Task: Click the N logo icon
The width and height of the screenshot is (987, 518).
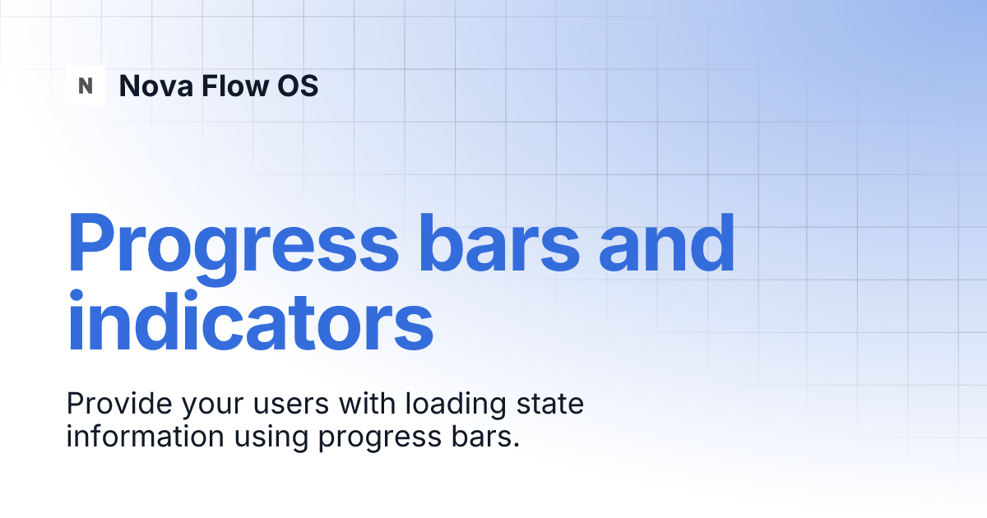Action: [x=86, y=86]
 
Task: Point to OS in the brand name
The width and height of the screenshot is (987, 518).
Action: [x=296, y=86]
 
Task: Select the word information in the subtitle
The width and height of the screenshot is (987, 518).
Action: [x=145, y=437]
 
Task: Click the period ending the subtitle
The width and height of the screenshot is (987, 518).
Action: [x=517, y=445]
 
